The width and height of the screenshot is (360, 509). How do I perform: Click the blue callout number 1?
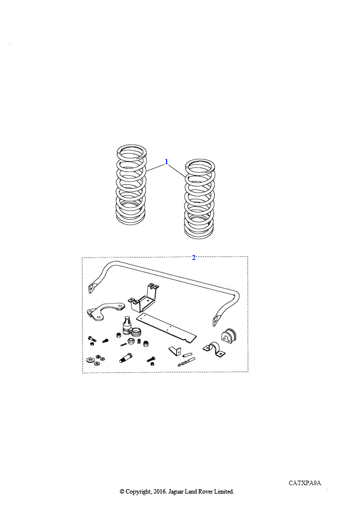click(x=167, y=162)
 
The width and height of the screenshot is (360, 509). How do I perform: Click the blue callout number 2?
click(x=194, y=257)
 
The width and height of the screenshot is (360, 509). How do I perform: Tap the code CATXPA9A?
click(x=305, y=483)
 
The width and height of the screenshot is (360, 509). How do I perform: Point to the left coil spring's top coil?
click(x=131, y=151)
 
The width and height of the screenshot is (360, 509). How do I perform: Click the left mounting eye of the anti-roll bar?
click(x=92, y=288)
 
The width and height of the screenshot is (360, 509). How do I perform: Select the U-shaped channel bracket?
click(x=144, y=298)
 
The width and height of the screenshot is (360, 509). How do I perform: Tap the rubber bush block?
click(x=229, y=336)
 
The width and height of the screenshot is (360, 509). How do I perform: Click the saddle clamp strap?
click(x=214, y=349)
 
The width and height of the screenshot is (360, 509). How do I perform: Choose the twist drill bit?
click(x=186, y=362)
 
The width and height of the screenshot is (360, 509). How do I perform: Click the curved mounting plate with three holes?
click(x=104, y=312)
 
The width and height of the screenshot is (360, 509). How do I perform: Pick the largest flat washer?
click(x=90, y=360)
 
